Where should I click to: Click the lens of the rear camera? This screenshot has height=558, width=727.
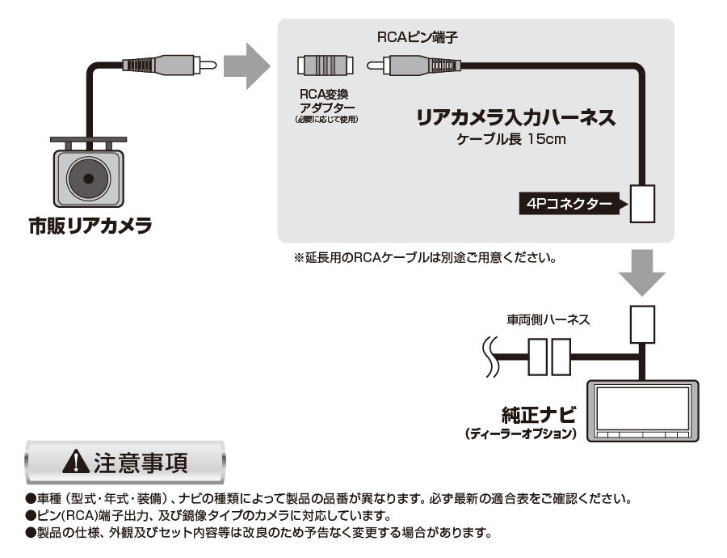pos(88,175)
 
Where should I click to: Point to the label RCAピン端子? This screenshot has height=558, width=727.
pos(407,38)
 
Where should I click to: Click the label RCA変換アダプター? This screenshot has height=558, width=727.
pos(326,100)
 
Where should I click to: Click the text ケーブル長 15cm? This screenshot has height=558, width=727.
pos(511,140)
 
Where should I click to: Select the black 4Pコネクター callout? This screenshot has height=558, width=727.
pos(572,205)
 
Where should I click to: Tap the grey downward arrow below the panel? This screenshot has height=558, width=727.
pos(642,271)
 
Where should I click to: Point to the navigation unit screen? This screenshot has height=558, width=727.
pos(642,409)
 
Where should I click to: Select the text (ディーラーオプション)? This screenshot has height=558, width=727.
pos(521,434)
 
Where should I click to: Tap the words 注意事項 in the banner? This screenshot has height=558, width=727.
pos(143,463)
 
